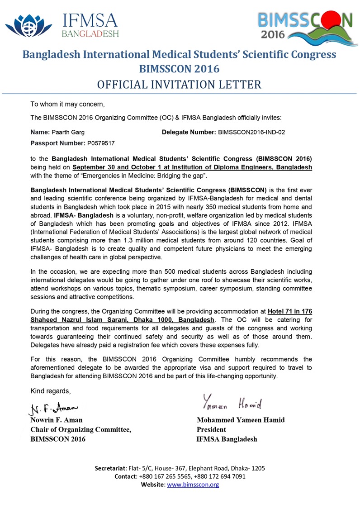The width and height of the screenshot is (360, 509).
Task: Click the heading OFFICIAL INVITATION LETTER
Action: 180,84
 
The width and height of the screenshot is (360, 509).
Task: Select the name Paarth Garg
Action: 68,132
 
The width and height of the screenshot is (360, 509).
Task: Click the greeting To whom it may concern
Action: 67,105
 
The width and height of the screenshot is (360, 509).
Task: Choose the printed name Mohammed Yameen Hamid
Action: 241,420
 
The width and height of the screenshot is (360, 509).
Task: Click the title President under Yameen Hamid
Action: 212,429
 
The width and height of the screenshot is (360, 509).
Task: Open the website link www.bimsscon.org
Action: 193,485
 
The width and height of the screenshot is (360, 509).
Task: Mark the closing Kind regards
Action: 50,390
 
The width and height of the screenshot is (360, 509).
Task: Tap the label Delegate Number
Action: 189,132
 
